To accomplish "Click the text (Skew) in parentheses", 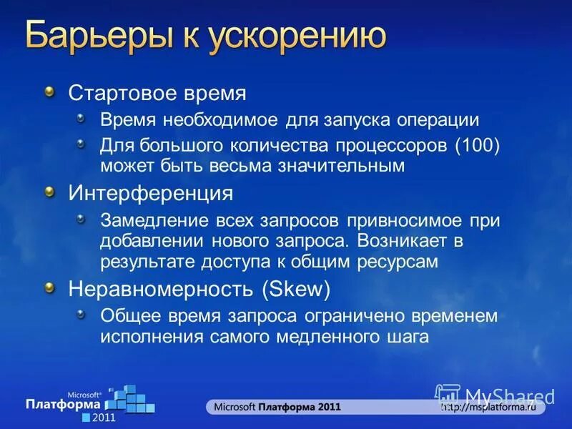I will tap(295, 289).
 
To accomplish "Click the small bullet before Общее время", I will tap(82, 313).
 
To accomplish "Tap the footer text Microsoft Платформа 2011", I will tap(275, 408).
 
